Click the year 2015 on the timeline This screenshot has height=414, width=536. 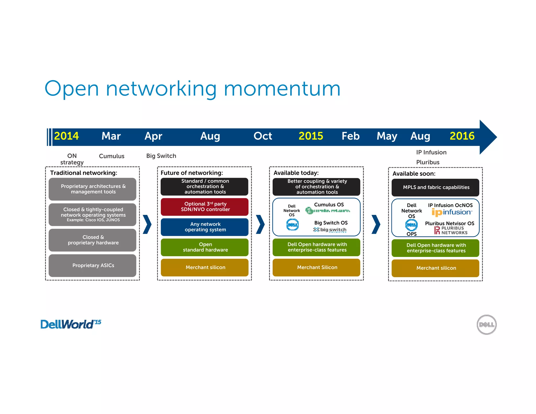coord(311,136)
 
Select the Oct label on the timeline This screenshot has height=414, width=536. coord(263,136)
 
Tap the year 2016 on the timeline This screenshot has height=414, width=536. coord(462,136)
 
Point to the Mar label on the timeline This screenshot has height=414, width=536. coord(111,136)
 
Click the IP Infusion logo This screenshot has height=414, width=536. coord(452,212)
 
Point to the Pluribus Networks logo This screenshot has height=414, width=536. coord(451,230)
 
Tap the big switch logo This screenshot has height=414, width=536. coord(330,230)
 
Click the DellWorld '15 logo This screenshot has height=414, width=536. coord(71,324)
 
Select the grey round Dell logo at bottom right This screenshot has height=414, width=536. coord(487,325)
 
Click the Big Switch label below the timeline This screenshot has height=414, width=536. coord(161,156)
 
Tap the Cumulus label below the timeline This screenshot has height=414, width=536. coord(111,156)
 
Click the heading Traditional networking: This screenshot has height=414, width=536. coord(84,173)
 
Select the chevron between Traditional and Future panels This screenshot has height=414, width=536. coord(148,224)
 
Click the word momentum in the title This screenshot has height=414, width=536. coord(282,89)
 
